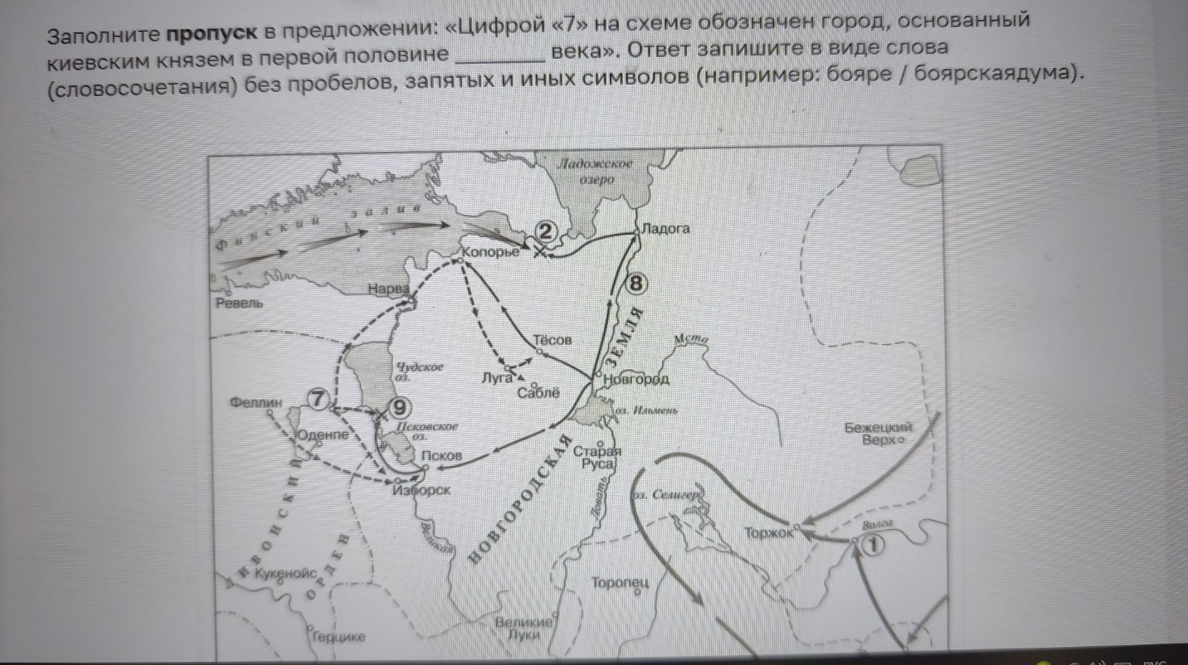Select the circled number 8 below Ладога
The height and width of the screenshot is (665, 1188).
click(x=636, y=284)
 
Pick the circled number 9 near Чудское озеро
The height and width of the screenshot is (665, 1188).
click(x=400, y=408)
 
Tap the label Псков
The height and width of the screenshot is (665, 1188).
click(x=441, y=456)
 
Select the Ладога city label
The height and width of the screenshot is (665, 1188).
click(x=665, y=228)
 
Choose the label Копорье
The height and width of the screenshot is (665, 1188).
click(x=489, y=250)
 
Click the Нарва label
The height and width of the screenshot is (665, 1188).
click(x=389, y=289)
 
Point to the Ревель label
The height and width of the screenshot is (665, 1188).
click(x=239, y=303)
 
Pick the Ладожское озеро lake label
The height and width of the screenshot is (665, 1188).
click(x=595, y=172)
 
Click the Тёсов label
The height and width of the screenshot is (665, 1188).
click(x=552, y=340)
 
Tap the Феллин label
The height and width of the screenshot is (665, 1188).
click(x=257, y=403)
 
